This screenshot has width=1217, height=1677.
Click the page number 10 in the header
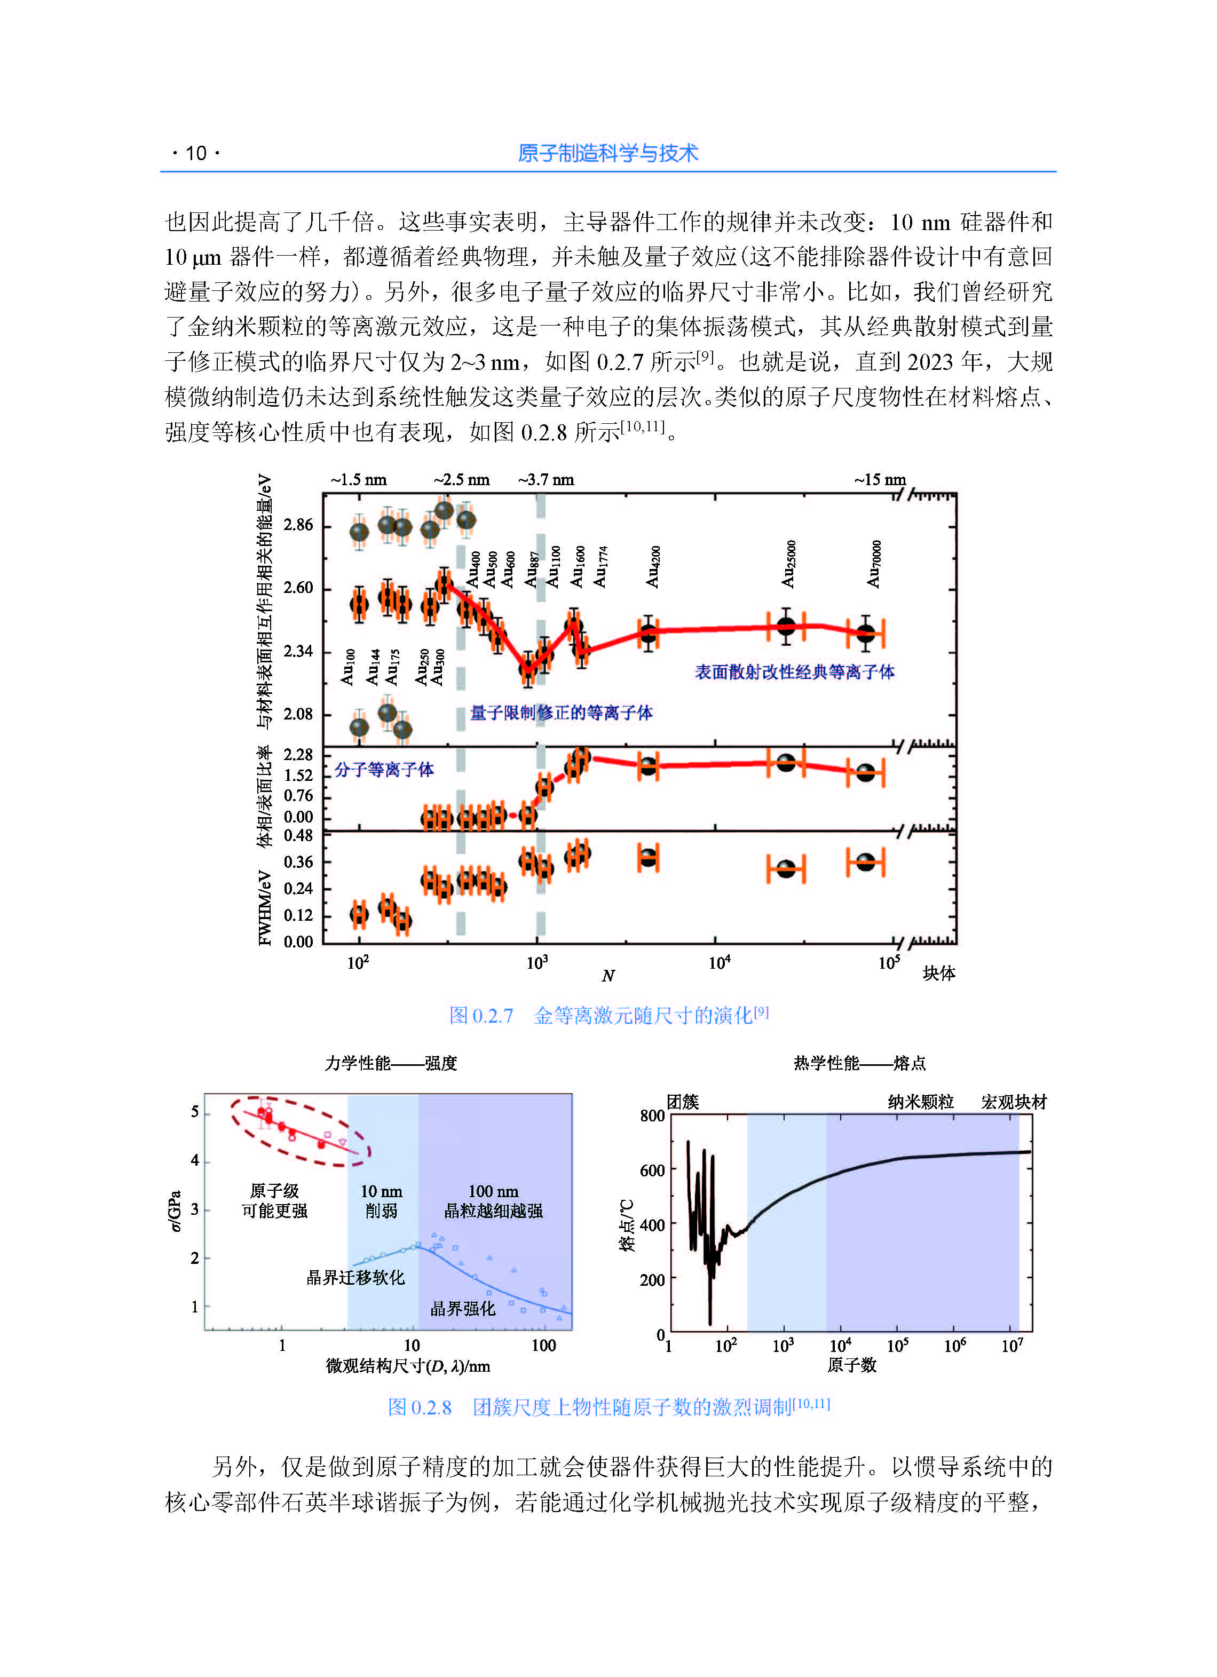click(x=196, y=153)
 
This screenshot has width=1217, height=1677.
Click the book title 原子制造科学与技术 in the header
click(x=608, y=153)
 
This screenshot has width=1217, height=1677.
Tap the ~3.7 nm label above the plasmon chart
click(x=546, y=479)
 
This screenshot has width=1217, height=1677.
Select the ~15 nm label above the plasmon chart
click(x=880, y=479)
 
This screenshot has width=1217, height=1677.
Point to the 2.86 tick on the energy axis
click(x=298, y=525)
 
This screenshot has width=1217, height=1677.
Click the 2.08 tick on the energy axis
click(x=298, y=714)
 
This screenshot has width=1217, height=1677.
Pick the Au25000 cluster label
click(x=788, y=564)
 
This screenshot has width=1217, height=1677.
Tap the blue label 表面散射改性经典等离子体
click(x=794, y=672)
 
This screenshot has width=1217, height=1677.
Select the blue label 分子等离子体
click(x=384, y=770)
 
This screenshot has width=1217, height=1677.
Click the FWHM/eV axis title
click(x=265, y=907)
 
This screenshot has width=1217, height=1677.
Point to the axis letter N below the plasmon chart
click(x=608, y=976)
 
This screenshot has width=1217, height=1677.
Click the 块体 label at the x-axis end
click(x=939, y=973)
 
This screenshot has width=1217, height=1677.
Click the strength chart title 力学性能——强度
click(x=391, y=1063)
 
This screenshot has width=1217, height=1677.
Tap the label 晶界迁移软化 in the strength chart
click(x=355, y=1278)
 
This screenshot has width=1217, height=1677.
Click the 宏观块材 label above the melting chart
click(x=1014, y=1103)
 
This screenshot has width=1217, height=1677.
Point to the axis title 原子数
click(x=852, y=1365)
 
